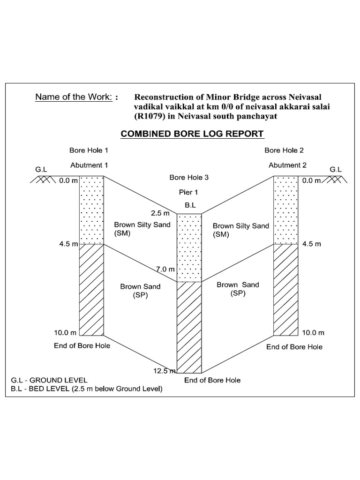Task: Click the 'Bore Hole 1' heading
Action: (x=89, y=150)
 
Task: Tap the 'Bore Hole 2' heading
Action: (x=284, y=150)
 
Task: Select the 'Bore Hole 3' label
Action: (x=189, y=177)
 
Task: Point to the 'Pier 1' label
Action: (x=189, y=192)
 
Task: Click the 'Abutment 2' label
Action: (x=287, y=165)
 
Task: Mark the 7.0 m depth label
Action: (x=165, y=269)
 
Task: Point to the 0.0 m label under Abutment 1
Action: (x=68, y=180)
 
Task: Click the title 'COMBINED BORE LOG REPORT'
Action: (x=192, y=134)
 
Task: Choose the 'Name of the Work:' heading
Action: (x=76, y=97)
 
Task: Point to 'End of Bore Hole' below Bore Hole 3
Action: (x=212, y=380)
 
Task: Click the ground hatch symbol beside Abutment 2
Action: (x=337, y=180)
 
